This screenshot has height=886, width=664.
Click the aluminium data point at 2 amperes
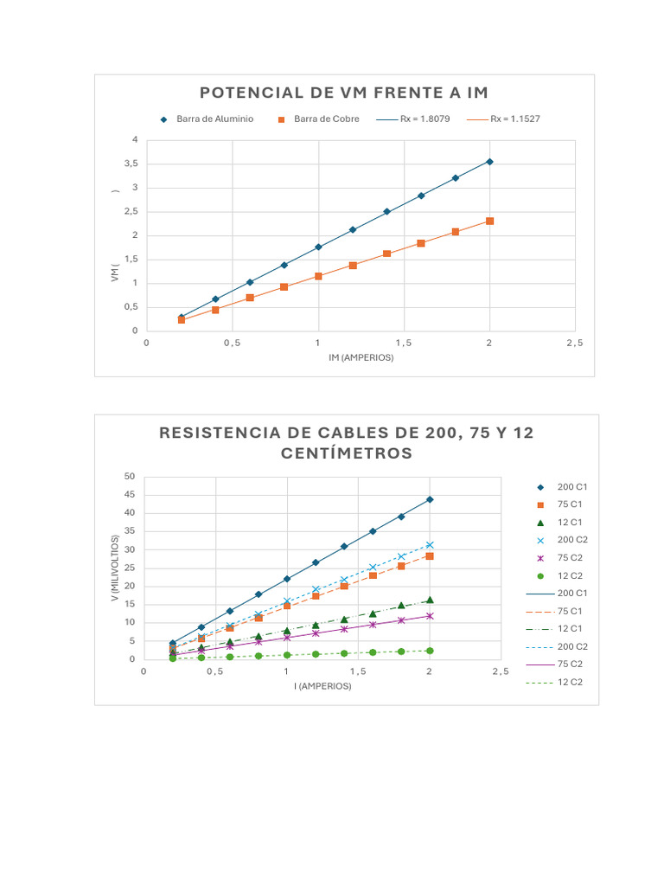489,162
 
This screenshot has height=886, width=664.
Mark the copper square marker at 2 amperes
489,221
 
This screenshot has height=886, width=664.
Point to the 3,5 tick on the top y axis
131,164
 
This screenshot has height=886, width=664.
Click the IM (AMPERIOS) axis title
361,357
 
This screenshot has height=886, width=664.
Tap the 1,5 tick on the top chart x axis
404,343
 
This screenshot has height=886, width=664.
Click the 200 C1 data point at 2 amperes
429,499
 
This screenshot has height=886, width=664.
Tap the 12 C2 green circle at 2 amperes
429,651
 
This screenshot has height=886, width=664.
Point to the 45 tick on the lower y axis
130,495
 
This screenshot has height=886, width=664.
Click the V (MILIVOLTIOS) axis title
115,568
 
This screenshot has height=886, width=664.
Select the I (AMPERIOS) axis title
322,686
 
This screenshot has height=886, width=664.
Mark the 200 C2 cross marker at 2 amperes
429,545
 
